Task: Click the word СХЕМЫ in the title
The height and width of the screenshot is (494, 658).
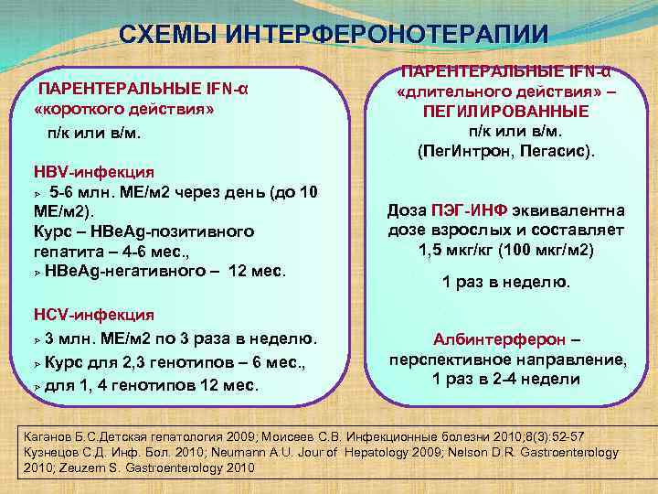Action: tap(168, 35)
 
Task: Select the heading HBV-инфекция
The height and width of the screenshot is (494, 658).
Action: tap(93, 171)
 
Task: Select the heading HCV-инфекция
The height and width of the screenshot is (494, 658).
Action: tap(92, 316)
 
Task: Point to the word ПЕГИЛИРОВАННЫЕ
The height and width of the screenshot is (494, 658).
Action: tap(505, 111)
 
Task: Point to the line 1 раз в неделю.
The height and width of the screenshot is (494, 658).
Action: tap(505, 283)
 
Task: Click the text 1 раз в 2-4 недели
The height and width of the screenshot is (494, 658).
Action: tap(505, 379)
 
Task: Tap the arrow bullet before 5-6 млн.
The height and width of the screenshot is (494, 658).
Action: tap(38, 193)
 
